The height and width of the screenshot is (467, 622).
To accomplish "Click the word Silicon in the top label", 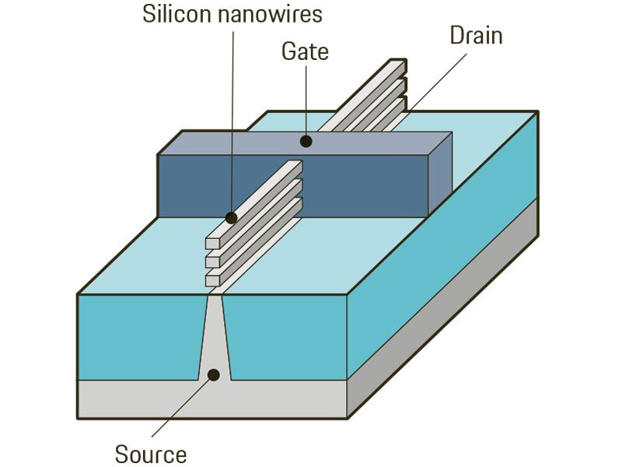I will tap(172, 15).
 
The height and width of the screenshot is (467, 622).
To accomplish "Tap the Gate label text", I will tap(305, 51).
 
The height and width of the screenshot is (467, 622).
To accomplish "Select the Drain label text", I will tap(476, 36).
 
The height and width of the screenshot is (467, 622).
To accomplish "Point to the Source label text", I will tap(150, 454).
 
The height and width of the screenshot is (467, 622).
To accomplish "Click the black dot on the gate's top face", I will tap(306, 142).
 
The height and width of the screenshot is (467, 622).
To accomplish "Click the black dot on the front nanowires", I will tap(231, 218).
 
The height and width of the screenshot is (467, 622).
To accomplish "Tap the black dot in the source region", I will tap(214, 375).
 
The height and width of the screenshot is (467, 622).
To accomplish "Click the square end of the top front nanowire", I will tap(212, 244).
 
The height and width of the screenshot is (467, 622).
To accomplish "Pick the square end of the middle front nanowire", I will tap(212, 262).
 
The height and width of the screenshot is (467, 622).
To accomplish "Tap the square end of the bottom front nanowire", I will tap(212, 280).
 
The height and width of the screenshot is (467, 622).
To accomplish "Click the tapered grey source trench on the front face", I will tap(213, 342).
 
